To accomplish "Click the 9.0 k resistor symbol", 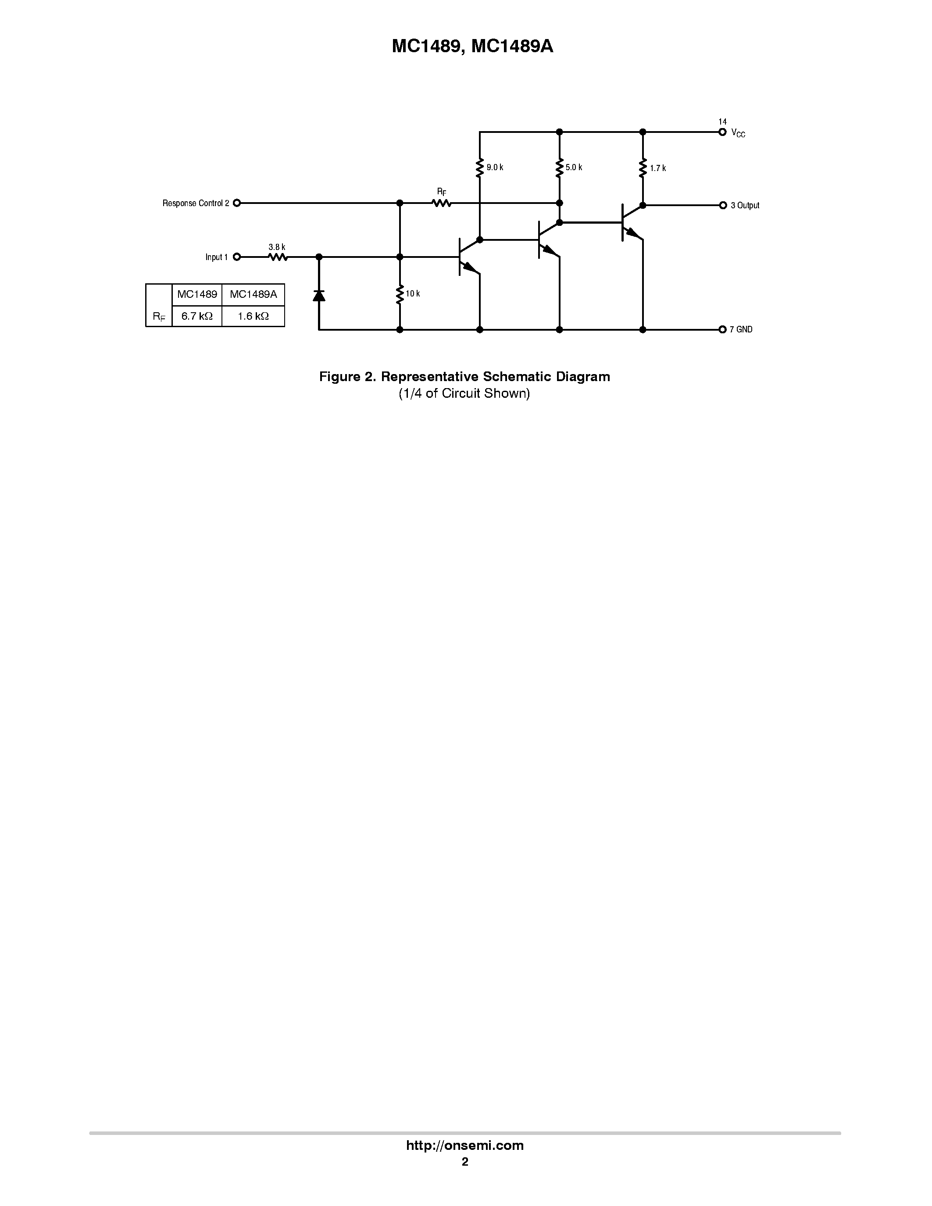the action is click(x=479, y=168).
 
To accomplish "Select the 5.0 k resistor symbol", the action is click(x=559, y=168).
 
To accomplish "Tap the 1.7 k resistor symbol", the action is click(x=643, y=168).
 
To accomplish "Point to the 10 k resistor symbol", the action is click(x=400, y=294).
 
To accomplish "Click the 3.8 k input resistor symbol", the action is click(x=278, y=257).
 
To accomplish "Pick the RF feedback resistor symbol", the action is click(x=442, y=203).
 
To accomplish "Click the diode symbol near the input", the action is click(x=318, y=296).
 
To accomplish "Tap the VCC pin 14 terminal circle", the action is click(x=722, y=132).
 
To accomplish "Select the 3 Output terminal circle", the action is click(x=722, y=205).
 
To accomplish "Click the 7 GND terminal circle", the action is click(x=722, y=330).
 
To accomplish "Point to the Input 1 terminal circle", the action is click(x=237, y=257).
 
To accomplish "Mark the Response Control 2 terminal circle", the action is click(x=237, y=203).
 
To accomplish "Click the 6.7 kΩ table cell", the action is click(x=196, y=316).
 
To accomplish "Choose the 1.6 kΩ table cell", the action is click(x=253, y=316).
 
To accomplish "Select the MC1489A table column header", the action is click(x=253, y=294).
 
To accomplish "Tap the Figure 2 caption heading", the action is click(x=464, y=377).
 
